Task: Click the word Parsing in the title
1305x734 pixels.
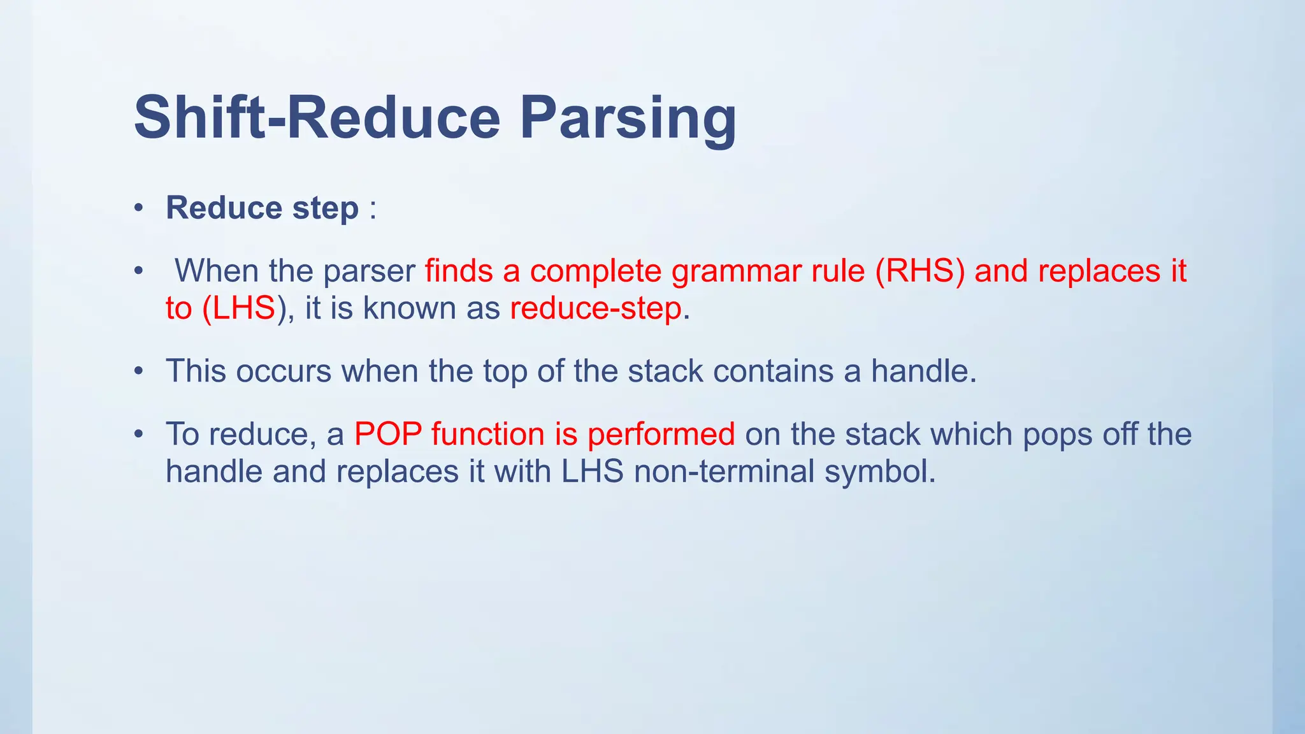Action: click(x=628, y=118)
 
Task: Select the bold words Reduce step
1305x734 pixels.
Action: click(x=262, y=208)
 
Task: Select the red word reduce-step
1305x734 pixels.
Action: click(x=596, y=308)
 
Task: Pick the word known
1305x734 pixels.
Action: click(x=409, y=308)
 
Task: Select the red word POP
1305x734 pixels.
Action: click(x=387, y=434)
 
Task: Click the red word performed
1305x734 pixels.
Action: click(x=661, y=435)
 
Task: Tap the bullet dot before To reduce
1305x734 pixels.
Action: click(x=139, y=435)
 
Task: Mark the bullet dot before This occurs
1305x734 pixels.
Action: click(x=139, y=371)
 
